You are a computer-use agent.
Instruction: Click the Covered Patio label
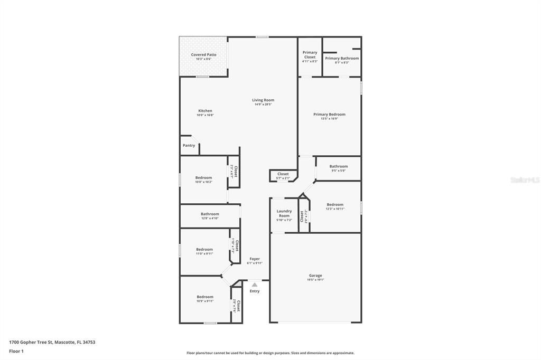coord(203,55)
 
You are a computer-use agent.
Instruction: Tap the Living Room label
coord(263,100)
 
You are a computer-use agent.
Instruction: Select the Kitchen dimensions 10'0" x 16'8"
coord(205,115)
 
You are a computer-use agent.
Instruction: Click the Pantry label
coord(189,146)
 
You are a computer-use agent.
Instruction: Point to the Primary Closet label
coord(310,55)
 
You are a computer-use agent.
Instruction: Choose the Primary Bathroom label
coord(342,59)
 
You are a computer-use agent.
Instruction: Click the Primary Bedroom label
coord(329,115)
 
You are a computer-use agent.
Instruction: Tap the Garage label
coord(315,276)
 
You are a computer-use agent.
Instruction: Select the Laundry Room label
coord(284,213)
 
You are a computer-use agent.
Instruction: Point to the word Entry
coord(255,291)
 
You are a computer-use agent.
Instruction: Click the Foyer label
coord(255,259)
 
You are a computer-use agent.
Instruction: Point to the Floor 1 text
coord(16,351)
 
